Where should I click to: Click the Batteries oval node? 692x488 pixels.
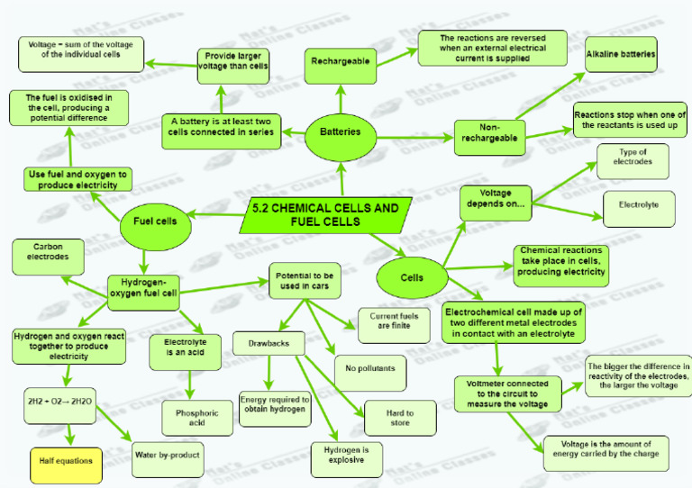point(341,131)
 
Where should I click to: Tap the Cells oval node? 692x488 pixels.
point(412,277)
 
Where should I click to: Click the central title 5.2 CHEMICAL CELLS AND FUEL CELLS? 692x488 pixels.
point(325,214)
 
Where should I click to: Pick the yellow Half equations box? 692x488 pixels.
point(66,461)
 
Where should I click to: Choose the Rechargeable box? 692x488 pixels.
point(341,61)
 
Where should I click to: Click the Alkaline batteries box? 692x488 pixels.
point(621,54)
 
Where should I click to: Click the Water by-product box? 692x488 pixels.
point(167,456)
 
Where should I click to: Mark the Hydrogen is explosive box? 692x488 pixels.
point(346,455)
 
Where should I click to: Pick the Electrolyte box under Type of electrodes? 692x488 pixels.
point(638,205)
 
